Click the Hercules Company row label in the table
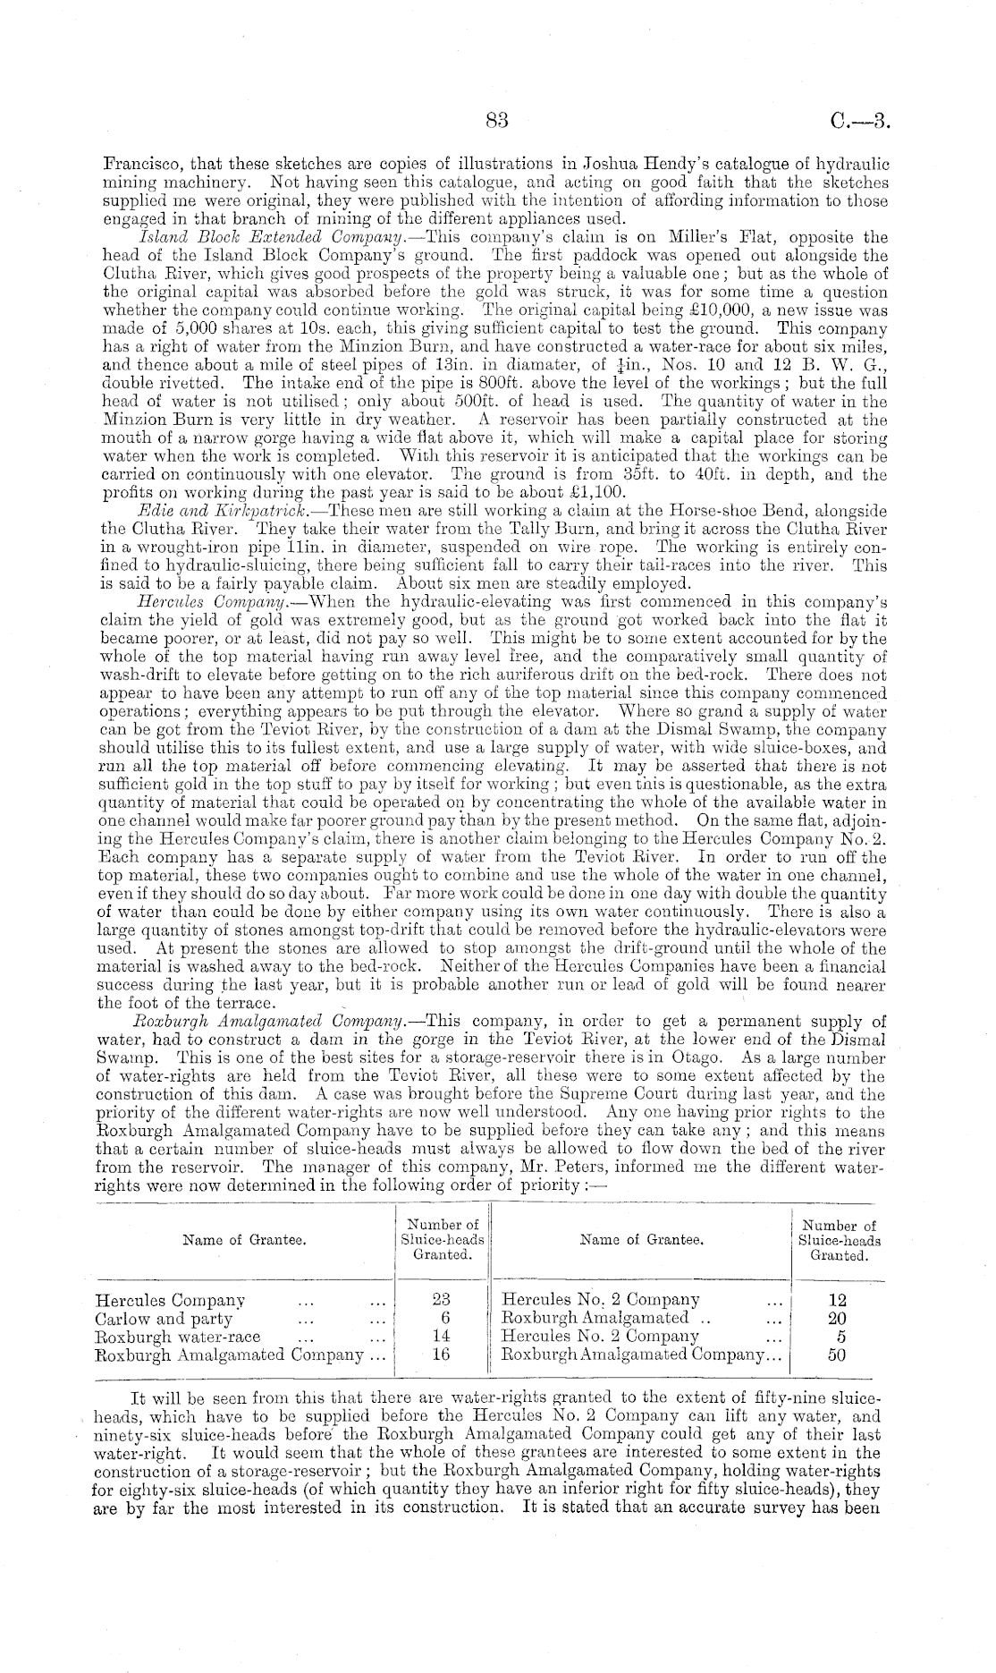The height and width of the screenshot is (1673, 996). tap(170, 1300)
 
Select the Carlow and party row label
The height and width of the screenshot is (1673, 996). tap(164, 1319)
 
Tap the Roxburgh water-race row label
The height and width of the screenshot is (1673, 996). tap(178, 1337)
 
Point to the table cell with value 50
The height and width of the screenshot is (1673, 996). tap(838, 1355)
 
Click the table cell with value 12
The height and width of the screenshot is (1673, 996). tap(838, 1300)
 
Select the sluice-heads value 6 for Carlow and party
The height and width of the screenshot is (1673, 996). tap(443, 1319)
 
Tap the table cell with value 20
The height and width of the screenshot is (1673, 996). tap(838, 1319)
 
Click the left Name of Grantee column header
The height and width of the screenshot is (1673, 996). tap(244, 1240)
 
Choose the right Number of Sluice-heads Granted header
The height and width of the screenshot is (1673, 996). tap(839, 1241)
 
